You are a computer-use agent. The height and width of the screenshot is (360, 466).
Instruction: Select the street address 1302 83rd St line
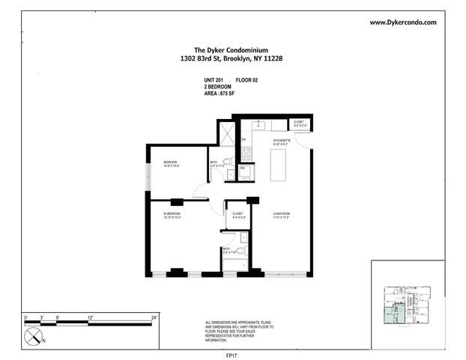[232, 61]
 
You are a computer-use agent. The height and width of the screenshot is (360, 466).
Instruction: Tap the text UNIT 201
[215, 79]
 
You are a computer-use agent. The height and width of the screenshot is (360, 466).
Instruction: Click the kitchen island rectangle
[279, 163]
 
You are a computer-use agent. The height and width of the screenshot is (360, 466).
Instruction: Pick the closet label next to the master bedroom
[237, 215]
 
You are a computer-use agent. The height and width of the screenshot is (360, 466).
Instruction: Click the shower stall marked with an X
[225, 131]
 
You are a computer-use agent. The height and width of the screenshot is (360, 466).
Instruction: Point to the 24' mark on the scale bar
[154, 317]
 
